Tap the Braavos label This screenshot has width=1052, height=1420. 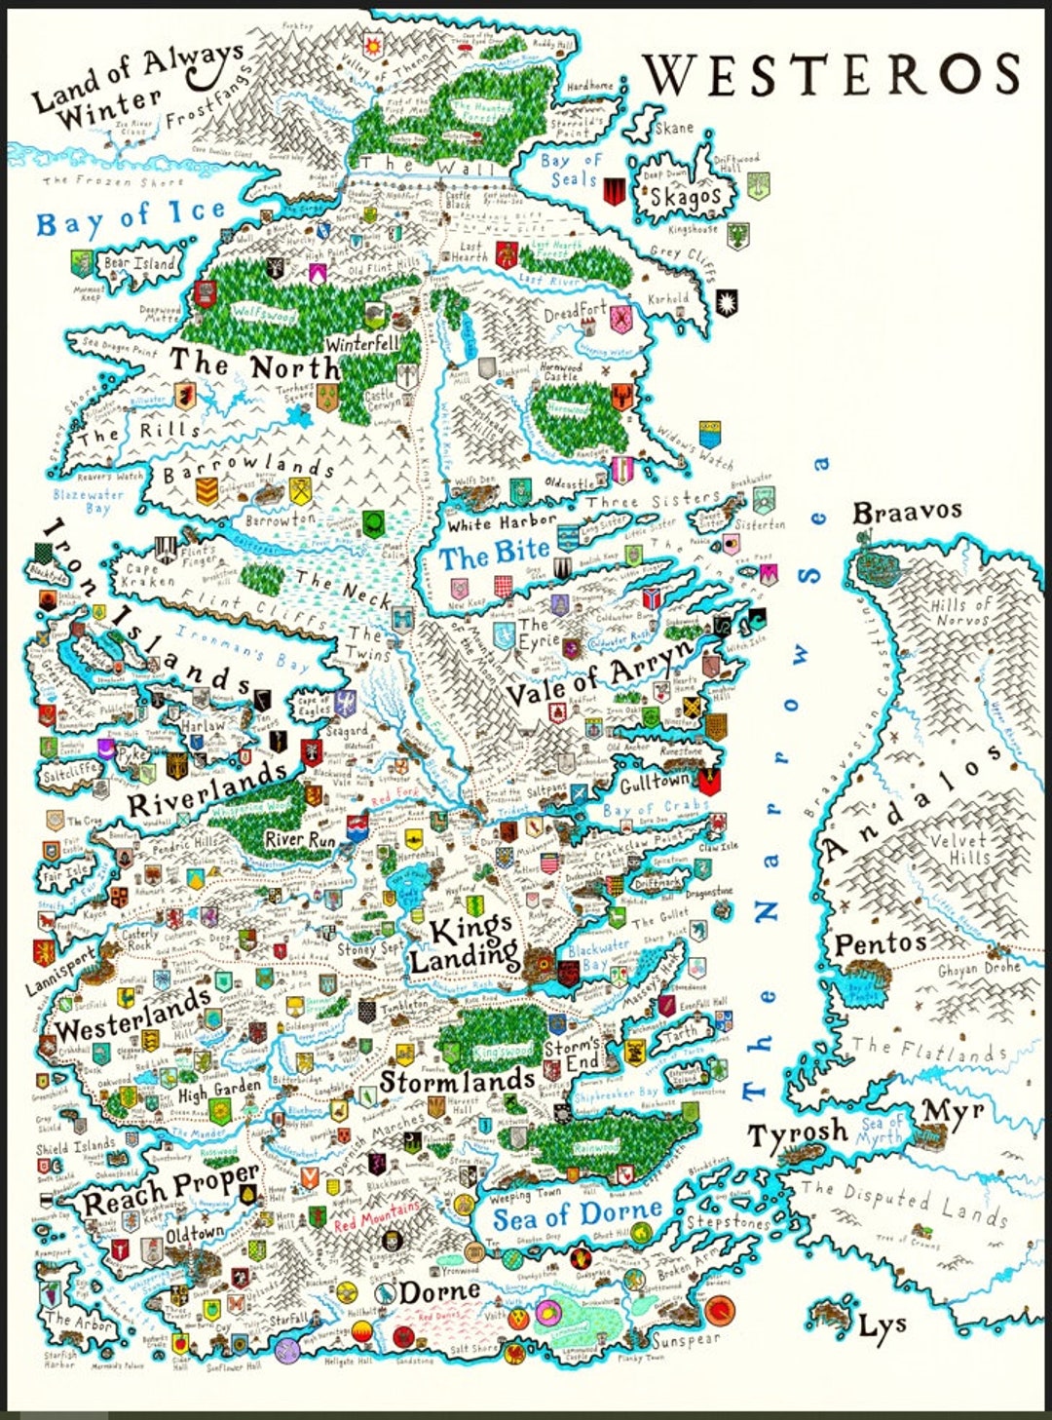(907, 512)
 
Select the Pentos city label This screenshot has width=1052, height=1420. (880, 943)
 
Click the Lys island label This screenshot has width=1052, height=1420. (883, 1325)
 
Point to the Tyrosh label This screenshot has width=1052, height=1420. (798, 1133)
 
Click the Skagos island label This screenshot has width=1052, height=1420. (686, 197)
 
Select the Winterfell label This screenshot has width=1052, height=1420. (362, 344)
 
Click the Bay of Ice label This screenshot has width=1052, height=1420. (131, 218)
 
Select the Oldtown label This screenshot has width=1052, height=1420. (195, 1234)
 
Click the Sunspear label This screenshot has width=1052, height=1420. (686, 1340)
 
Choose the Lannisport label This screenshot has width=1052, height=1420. (61, 968)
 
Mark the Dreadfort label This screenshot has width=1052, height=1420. (575, 312)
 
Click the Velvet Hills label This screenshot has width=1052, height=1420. (958, 848)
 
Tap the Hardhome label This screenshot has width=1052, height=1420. (590, 87)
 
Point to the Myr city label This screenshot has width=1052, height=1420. (953, 1110)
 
